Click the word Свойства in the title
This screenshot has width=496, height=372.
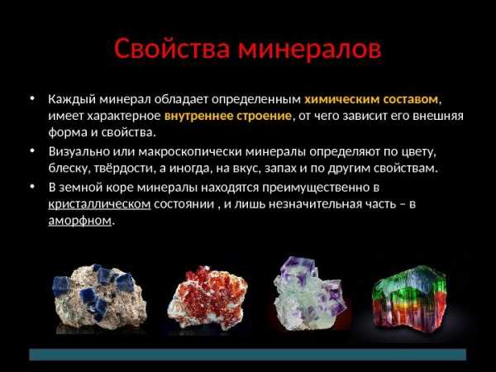[172, 50]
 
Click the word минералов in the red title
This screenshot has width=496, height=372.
[310, 50]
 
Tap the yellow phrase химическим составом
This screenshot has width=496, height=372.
[371, 99]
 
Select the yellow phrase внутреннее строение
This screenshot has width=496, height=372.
[228, 116]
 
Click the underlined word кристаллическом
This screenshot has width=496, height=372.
[99, 203]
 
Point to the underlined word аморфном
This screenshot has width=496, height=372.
[79, 220]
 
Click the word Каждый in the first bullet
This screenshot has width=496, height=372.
[72, 99]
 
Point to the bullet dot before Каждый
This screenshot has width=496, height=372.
[32, 98]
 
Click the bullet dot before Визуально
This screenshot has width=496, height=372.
[32, 151]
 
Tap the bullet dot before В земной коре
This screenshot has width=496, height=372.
[32, 186]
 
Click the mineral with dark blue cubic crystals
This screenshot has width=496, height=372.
[99, 297]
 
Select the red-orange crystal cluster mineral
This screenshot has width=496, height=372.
[207, 298]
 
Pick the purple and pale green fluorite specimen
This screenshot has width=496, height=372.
[308, 293]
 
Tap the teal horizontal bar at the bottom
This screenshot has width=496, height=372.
[248, 355]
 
